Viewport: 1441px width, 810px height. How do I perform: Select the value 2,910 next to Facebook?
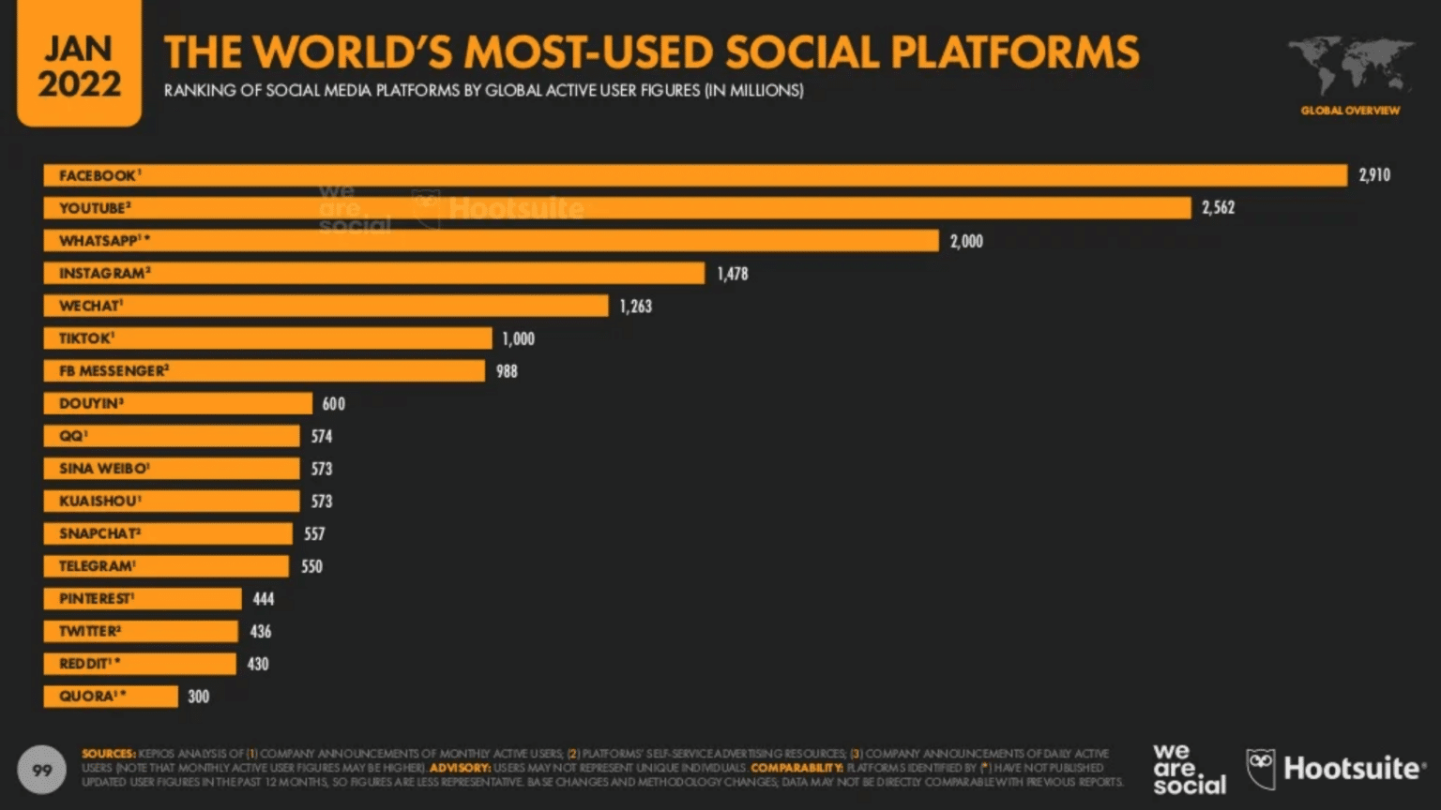(x=1374, y=175)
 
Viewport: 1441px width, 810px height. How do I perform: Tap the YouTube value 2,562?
(x=1218, y=208)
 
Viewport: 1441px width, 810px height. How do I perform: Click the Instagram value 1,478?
(x=733, y=274)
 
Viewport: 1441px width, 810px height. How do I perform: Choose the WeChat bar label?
(x=90, y=306)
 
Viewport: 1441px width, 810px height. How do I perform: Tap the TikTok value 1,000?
(x=518, y=338)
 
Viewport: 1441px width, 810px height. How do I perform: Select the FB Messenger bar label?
(x=114, y=371)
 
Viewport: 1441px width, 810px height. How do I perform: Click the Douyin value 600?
(x=333, y=404)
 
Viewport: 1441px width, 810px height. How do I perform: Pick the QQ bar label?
(x=72, y=436)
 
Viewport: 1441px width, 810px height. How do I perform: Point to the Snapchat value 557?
(x=314, y=534)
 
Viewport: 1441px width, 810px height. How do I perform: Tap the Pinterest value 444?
(x=264, y=599)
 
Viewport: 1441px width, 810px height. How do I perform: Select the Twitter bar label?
(x=89, y=632)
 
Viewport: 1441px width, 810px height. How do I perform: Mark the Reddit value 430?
(x=258, y=665)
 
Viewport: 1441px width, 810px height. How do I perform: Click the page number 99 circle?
(x=42, y=771)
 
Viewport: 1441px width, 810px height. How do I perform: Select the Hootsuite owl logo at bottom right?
(x=1262, y=769)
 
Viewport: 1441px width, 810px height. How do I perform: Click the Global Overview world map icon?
(x=1350, y=66)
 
